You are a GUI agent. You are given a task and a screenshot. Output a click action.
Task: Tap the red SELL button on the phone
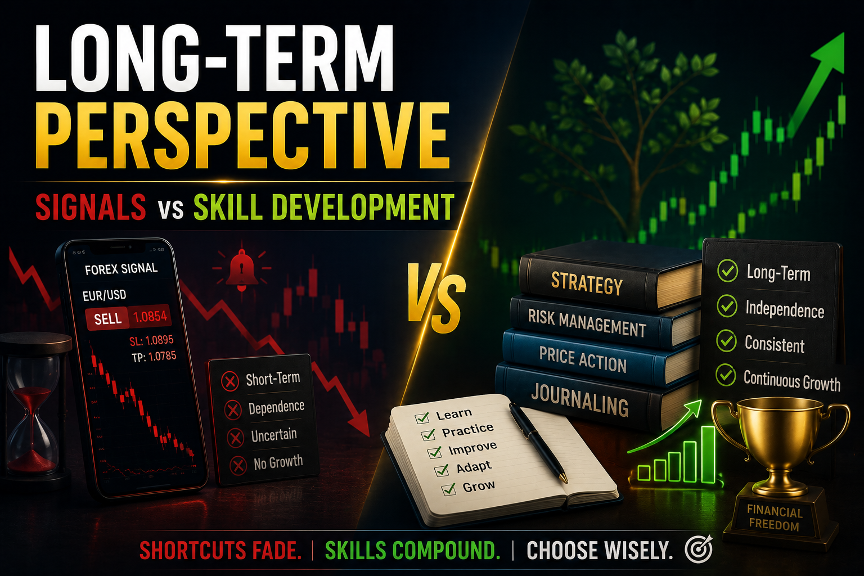(x=107, y=319)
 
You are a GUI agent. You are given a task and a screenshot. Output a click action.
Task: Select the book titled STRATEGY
(x=609, y=278)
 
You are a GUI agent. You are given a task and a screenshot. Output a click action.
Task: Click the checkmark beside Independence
(x=727, y=306)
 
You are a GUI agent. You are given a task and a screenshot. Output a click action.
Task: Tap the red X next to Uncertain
(x=235, y=438)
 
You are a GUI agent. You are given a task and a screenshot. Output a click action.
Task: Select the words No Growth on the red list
(x=278, y=462)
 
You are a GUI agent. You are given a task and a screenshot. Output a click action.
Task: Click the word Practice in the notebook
(x=467, y=430)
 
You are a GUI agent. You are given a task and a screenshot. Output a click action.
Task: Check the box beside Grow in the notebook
(x=449, y=489)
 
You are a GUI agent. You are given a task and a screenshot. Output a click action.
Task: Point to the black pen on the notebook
(x=538, y=442)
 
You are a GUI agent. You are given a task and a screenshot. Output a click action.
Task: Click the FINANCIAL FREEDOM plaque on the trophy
(x=775, y=518)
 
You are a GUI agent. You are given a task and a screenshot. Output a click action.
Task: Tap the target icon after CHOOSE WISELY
(x=699, y=549)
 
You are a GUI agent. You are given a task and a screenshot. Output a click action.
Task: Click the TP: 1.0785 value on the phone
(x=154, y=357)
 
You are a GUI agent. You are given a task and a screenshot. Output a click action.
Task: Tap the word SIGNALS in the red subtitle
(x=91, y=207)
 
